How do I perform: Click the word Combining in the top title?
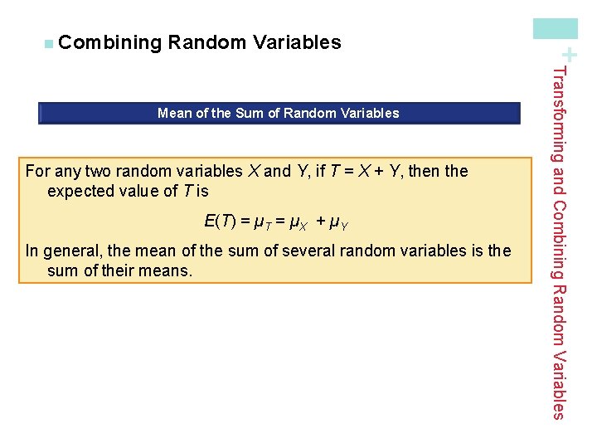point(109,42)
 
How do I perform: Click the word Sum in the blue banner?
point(250,113)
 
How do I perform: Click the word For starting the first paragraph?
point(38,172)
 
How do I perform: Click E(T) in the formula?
point(220,222)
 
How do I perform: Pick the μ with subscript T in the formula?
point(260,222)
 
